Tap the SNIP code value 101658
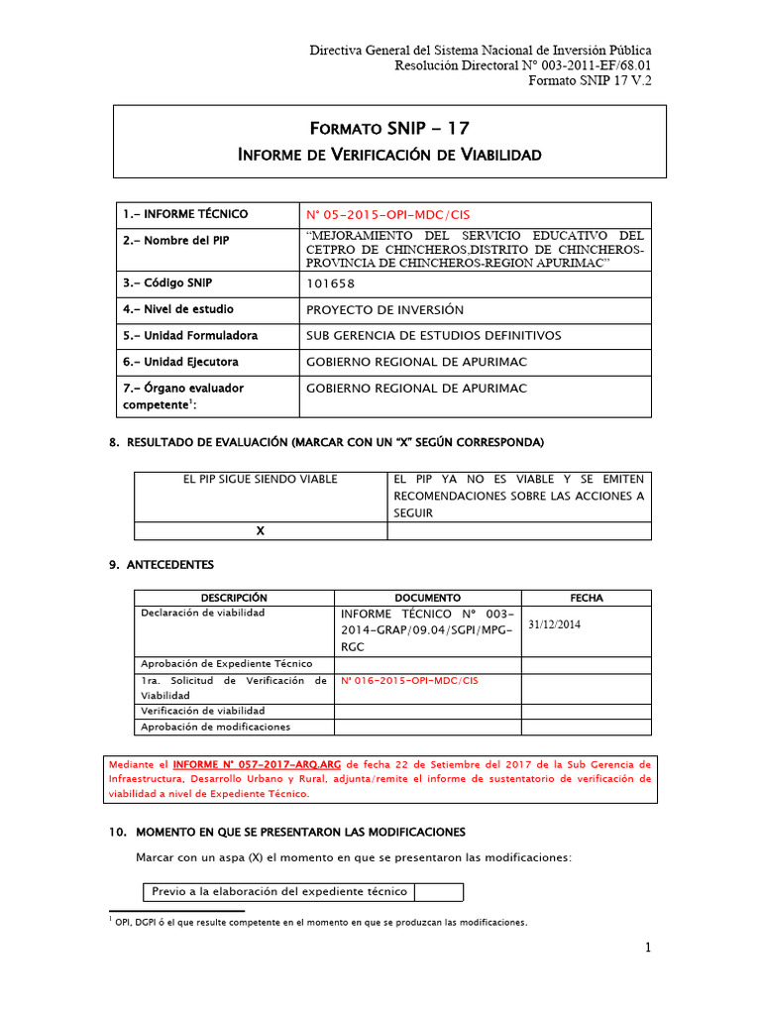coord(330,283)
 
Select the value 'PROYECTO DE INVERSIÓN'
coord(384,310)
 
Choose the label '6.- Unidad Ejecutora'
coord(180,362)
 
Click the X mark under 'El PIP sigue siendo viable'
coord(261,531)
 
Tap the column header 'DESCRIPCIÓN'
coord(234,598)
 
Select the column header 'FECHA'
coord(586,598)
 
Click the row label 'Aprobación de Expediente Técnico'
coord(226,663)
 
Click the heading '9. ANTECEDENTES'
coord(161,565)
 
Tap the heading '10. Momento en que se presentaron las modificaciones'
coord(286,831)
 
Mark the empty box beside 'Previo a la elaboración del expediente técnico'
coord(439,891)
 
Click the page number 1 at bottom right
coord(648,949)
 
